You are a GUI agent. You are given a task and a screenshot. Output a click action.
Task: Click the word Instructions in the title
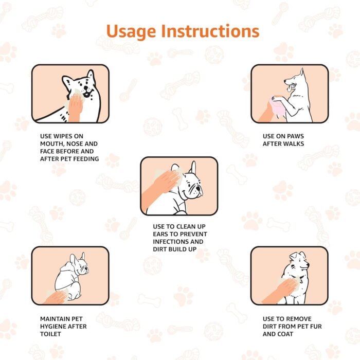(210, 31)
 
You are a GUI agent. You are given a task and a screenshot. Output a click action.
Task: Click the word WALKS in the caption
(293, 143)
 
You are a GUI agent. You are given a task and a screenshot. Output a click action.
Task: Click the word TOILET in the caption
(52, 334)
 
